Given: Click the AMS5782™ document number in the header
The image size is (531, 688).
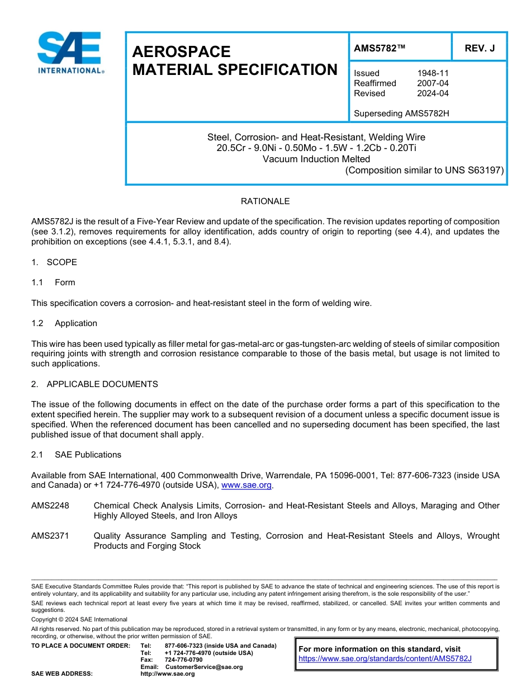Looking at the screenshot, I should [380, 49].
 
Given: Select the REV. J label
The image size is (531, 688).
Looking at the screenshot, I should [480, 49].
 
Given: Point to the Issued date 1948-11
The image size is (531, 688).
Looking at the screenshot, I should [433, 73].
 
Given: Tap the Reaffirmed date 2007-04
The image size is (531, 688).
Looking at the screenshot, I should [433, 83].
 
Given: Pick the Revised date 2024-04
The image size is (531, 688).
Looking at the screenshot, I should [433, 93].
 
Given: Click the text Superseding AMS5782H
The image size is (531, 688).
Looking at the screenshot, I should [401, 114].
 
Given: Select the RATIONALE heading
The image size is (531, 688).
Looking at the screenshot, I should [265, 201].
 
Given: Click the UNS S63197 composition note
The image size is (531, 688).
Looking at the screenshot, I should [424, 170].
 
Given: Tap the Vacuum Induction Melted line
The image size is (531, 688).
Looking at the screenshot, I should [316, 159].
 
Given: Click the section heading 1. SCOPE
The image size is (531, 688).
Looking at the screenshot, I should [54, 262].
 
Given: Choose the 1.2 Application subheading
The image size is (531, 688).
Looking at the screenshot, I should [65, 323].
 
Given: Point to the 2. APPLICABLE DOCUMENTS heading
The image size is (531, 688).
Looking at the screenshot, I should [94, 384].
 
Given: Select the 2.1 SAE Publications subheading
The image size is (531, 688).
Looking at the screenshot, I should [77, 455].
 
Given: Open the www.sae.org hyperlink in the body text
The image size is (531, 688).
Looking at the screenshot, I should [246, 486].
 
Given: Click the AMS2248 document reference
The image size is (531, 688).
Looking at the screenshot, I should [50, 506].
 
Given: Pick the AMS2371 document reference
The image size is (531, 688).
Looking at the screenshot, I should [50, 536].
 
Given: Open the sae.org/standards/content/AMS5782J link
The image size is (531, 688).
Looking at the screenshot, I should [385, 659].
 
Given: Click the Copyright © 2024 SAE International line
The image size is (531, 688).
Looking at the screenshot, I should [79, 619].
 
